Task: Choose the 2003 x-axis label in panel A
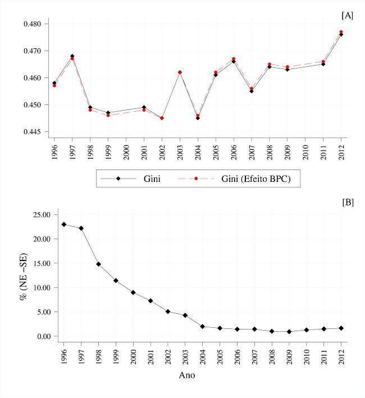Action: (180, 150)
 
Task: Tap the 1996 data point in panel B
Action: (64, 225)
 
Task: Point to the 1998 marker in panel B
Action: (98, 264)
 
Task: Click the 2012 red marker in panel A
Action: (341, 32)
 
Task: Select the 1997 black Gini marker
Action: (72, 56)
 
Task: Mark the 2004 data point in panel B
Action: (202, 327)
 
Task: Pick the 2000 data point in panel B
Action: (133, 292)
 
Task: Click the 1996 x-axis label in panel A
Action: (54, 150)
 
